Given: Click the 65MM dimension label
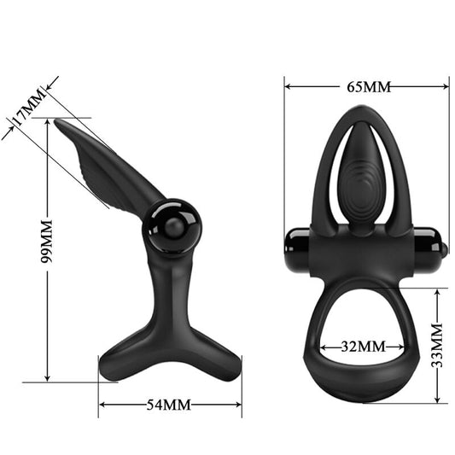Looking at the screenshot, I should pyautogui.click(x=368, y=87).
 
